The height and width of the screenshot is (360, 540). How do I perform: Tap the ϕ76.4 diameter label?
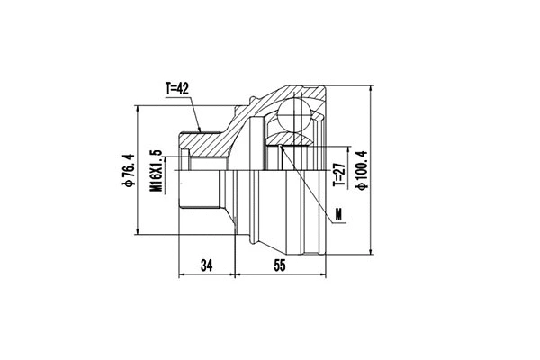coord(128,171)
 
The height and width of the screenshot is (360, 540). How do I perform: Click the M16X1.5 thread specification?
coord(154,171)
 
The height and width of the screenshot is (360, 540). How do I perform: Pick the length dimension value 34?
coord(208,265)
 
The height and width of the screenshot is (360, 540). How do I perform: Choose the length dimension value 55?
coord(279,265)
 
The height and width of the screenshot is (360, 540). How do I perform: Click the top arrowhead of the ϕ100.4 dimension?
coord(372,89)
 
